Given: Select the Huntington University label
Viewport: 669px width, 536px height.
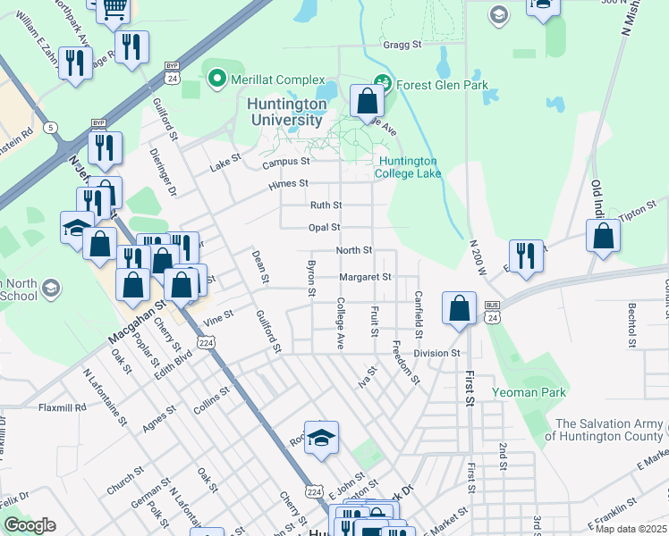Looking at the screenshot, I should [285, 112].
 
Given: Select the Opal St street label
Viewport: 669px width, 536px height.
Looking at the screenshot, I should [325, 228].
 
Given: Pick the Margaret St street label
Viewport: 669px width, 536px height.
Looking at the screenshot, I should [365, 277].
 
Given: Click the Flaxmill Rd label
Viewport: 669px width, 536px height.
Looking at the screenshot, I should [62, 406].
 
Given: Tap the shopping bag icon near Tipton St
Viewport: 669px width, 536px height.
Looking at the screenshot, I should [604, 237].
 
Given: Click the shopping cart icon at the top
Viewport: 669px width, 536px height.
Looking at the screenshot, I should [114, 8].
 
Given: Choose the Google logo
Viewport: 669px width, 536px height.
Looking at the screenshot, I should [30, 525].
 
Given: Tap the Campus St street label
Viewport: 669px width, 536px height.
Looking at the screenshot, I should [285, 163].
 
